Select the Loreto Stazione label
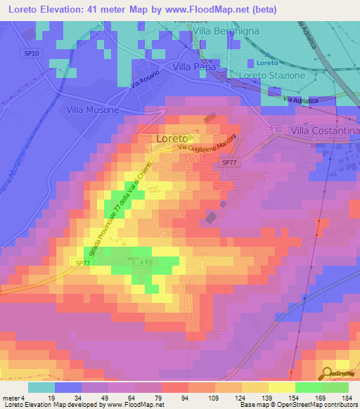[x=272, y=75]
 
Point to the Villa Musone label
[x=93, y=110]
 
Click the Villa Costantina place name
[x=325, y=131]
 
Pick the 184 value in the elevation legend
[x=347, y=397]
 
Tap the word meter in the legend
[x=10, y=397]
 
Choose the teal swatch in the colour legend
[x=41, y=387]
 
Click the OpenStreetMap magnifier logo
[x=328, y=374]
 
